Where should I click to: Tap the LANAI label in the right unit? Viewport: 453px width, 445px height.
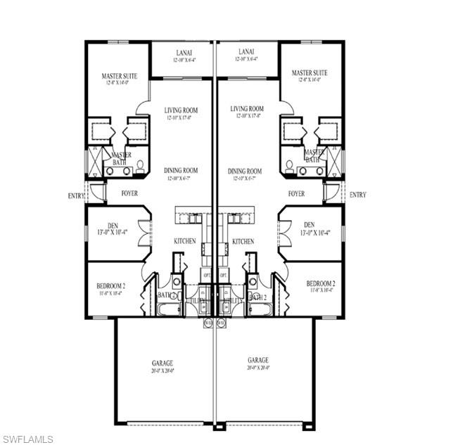pos(245,51)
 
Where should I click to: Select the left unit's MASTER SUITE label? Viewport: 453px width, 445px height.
pos(119,75)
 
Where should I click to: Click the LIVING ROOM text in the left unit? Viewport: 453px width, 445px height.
pos(181,110)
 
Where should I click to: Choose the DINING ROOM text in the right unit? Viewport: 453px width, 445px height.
pos(245,171)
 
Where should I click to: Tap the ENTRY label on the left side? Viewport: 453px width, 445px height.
pos(76,195)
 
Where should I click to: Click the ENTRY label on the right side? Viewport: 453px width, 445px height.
pos(357,195)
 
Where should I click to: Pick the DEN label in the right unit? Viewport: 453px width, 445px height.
pos(286,225)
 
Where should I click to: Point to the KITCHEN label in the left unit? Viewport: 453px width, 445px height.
pos(185,241)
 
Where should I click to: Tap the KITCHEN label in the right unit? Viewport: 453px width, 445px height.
pos(243,241)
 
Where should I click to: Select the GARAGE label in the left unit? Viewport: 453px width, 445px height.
pos(162,363)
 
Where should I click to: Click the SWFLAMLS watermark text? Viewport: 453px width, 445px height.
pos(27,439)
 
